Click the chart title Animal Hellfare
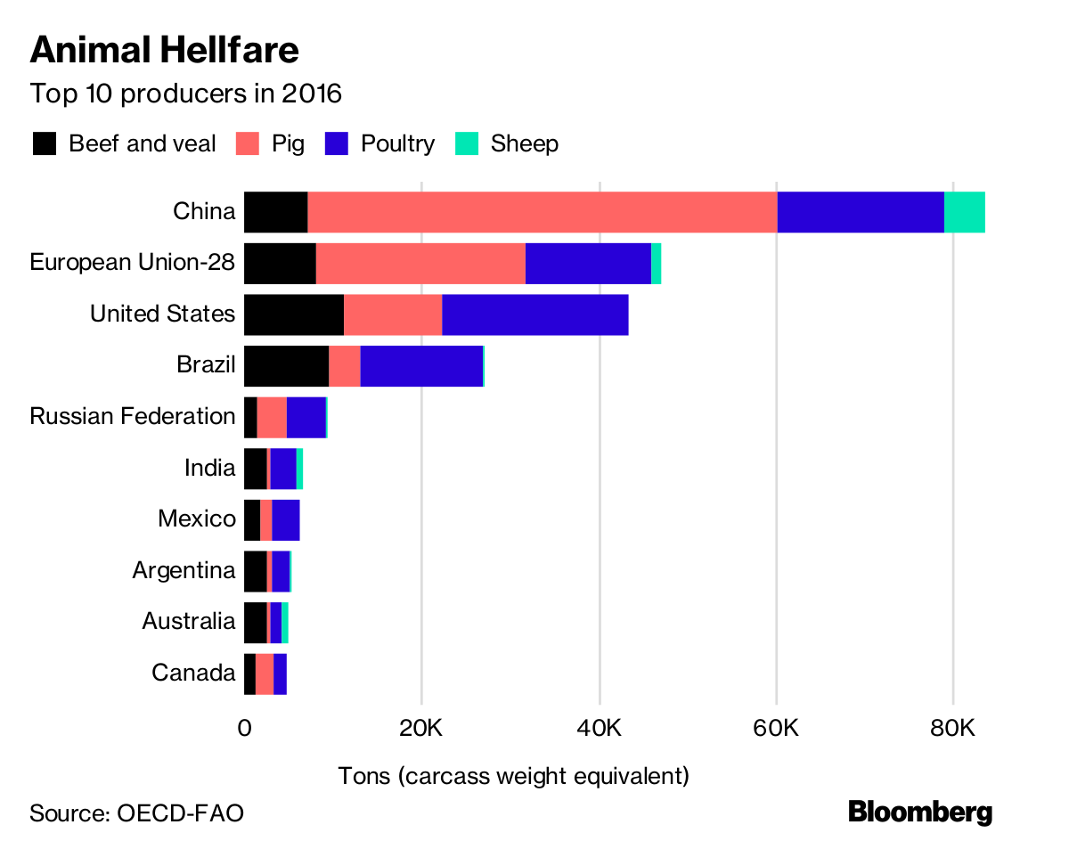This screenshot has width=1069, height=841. coord(164,51)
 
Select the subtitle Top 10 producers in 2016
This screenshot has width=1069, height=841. coord(185,94)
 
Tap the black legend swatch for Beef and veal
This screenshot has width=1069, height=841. coord(45,143)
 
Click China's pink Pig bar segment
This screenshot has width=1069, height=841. coord(542,212)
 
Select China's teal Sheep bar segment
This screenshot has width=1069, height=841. coord(964,212)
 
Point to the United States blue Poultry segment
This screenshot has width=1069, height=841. coord(534,314)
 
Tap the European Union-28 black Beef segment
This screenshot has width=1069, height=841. coord(280,264)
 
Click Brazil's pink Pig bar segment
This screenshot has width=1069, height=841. coord(344,366)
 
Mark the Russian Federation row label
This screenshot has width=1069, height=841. coord(133,416)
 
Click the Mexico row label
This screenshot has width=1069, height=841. coord(197,518)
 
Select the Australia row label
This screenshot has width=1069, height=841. coord(189,621)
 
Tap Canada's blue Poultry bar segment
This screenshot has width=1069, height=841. coord(280,673)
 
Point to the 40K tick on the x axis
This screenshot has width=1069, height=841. coord(599,728)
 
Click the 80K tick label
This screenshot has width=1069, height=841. coord(953,728)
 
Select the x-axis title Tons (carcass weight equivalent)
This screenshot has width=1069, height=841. coord(514,775)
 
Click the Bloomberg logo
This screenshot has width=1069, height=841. coord(919,812)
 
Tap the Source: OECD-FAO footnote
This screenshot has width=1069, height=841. coord(136,812)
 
